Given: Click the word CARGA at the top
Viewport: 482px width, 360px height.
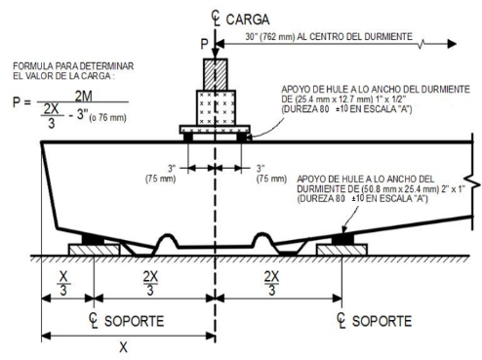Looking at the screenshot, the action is (x=248, y=20).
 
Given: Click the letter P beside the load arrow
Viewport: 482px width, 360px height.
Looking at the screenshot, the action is (x=204, y=44).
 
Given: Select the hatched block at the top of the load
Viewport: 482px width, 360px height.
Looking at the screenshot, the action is (x=216, y=74).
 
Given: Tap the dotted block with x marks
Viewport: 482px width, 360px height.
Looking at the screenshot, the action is (x=216, y=107).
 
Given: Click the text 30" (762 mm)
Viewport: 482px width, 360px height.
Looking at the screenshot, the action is (x=269, y=37).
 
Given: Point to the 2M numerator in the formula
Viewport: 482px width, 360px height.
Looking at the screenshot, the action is (x=84, y=97).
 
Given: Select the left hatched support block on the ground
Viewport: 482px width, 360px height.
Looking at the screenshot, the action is (x=95, y=250).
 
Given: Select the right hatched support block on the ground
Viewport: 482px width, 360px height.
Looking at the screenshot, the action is (x=342, y=250).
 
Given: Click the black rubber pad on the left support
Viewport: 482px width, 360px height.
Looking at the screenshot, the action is (x=93, y=239).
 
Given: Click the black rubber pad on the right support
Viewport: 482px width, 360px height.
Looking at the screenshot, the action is (x=342, y=239).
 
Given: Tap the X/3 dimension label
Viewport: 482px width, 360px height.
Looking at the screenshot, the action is (x=63, y=283).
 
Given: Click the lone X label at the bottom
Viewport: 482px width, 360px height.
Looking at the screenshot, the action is (x=123, y=347).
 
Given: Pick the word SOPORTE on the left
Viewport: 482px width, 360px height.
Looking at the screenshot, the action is (x=134, y=321).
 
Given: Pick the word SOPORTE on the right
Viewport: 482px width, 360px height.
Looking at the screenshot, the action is (x=382, y=321).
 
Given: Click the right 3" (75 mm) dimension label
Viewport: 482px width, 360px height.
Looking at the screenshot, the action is (x=271, y=174).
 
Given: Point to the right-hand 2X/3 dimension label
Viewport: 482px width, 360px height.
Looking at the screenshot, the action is (x=271, y=283).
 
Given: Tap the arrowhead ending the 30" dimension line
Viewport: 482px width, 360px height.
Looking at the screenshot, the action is (x=452, y=44).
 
